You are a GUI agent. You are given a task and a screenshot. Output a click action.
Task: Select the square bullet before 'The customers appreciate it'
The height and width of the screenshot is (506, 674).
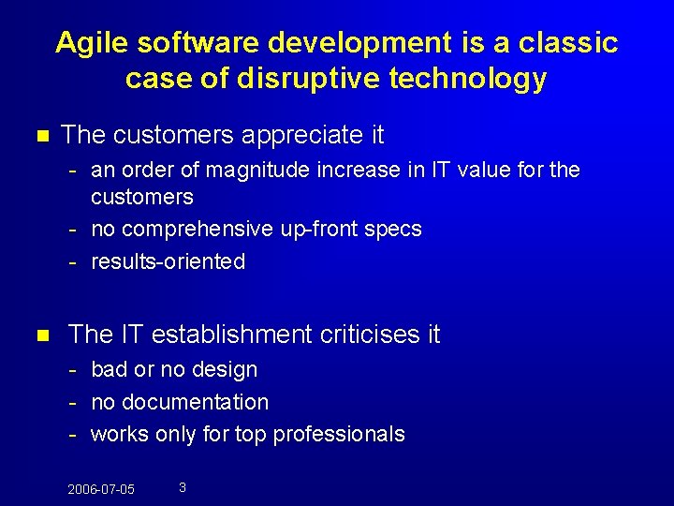(x=40, y=136)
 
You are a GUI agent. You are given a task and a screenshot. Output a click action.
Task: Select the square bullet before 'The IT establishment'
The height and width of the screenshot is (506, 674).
(x=40, y=335)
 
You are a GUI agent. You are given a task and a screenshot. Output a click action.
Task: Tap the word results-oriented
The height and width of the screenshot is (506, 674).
(x=168, y=261)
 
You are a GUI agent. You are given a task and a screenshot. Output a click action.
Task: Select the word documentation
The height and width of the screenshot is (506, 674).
(x=193, y=403)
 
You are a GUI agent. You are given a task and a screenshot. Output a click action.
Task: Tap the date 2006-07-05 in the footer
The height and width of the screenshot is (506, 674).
(x=101, y=490)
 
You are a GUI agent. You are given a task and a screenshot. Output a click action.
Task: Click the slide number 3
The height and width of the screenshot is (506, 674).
(x=182, y=487)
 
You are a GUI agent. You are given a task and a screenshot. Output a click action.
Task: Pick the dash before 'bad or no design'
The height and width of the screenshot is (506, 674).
(x=72, y=370)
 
